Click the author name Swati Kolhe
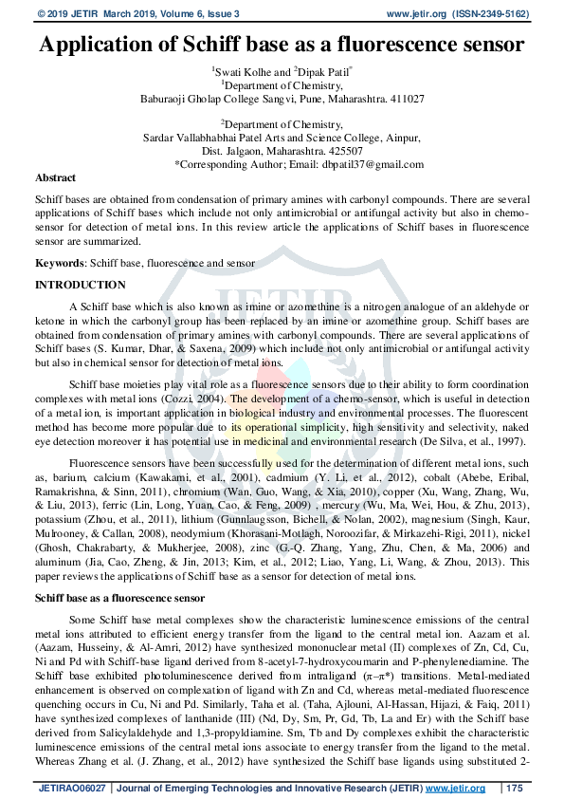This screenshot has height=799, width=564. [242, 71]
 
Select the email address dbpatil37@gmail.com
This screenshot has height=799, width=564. [355, 164]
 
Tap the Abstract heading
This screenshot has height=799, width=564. [56, 177]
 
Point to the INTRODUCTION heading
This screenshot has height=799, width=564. [81, 285]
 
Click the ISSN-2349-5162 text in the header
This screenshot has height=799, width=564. [498, 13]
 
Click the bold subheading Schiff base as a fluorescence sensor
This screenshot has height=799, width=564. [119, 599]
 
